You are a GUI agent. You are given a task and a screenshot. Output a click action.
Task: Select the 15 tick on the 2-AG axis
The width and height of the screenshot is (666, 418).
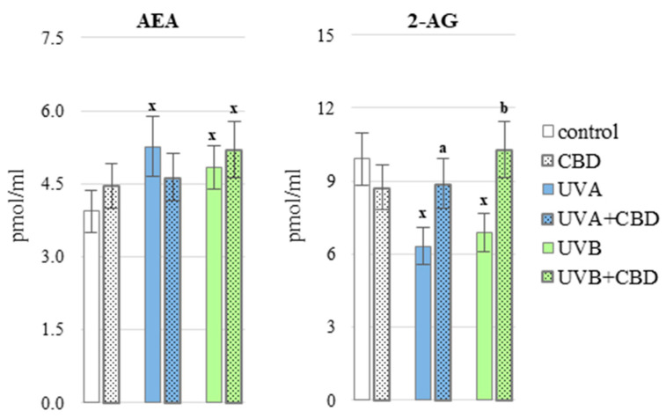tap(333, 35)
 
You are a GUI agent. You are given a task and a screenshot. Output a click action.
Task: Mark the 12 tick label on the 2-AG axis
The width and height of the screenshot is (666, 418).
tap(333, 108)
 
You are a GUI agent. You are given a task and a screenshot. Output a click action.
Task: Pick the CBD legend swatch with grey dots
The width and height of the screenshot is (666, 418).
tap(546, 162)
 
